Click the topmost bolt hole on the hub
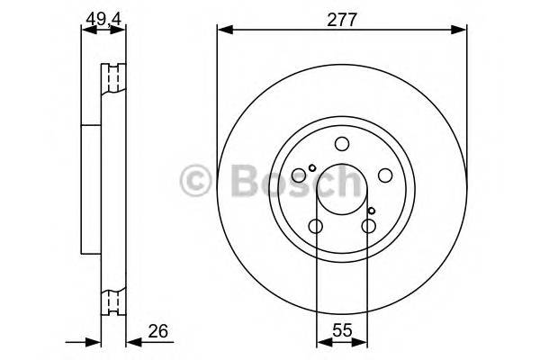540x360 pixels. (341, 144)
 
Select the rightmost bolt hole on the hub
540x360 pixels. (383, 175)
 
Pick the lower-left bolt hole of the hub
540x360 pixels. (316, 226)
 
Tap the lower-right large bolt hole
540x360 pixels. (367, 226)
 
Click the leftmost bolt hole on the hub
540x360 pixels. (300, 175)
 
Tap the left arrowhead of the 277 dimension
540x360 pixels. (222, 31)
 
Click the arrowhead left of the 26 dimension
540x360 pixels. (95, 341)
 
